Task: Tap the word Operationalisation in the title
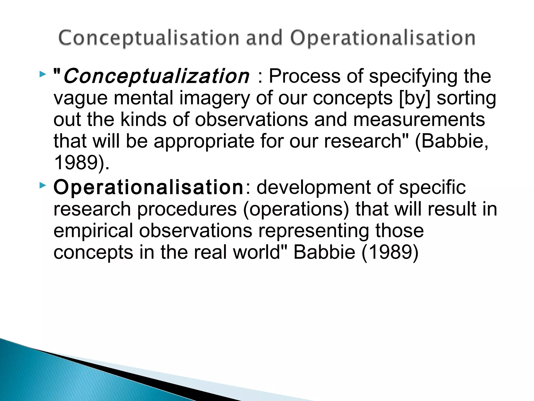(x=383, y=38)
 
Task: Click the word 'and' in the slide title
(x=264, y=38)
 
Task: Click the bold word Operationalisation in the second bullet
(x=148, y=187)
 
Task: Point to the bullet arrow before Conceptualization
(x=43, y=75)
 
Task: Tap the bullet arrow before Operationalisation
(x=43, y=186)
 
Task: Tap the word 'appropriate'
(x=204, y=141)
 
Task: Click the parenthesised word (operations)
(x=296, y=209)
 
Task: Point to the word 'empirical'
(x=93, y=231)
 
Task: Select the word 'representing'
(x=313, y=231)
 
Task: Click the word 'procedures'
(x=187, y=209)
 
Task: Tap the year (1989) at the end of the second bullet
(x=390, y=252)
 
